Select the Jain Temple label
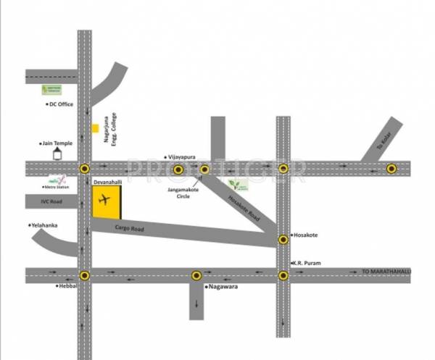(x=57, y=143)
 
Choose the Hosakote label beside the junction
(x=304, y=235)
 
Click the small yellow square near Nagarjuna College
(x=95, y=129)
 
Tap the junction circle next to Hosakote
(x=283, y=240)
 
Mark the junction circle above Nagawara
(x=196, y=275)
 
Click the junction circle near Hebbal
(x=85, y=275)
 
